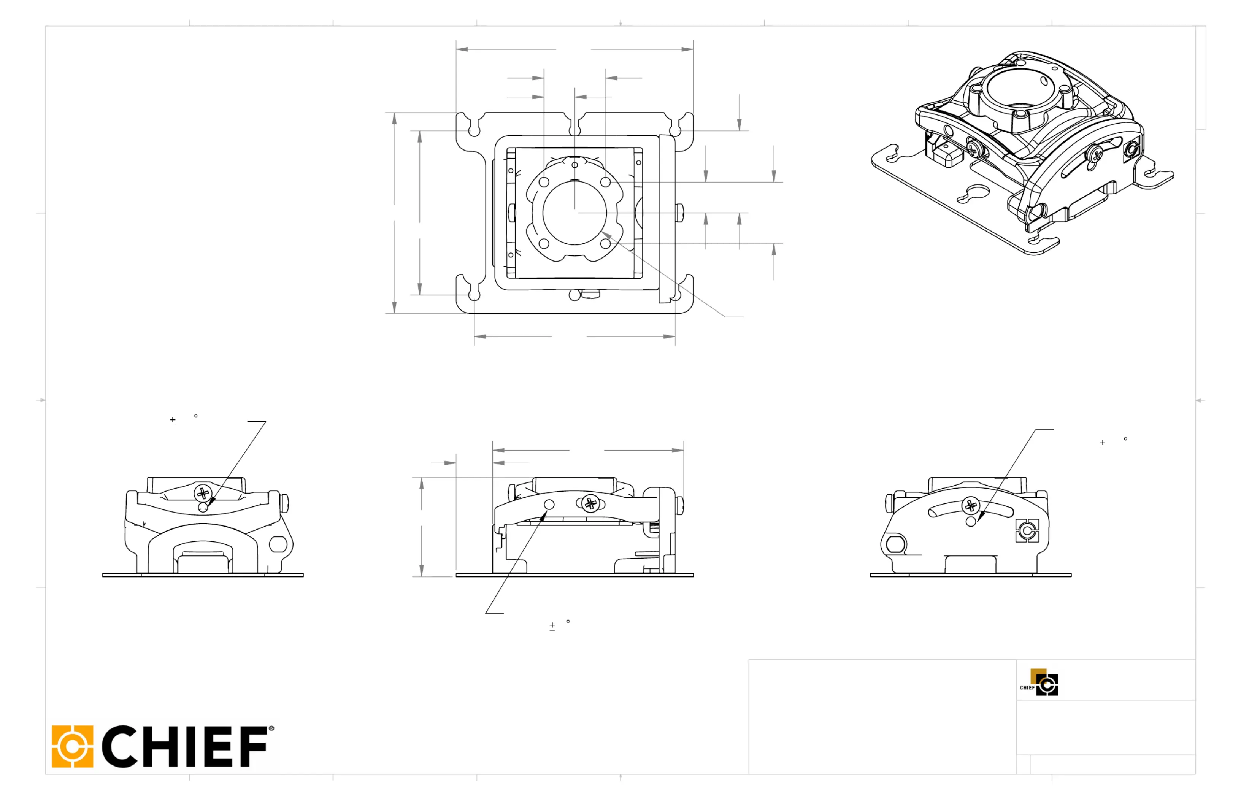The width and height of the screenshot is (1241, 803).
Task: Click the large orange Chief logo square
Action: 73,746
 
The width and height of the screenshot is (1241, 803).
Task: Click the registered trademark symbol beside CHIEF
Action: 271,728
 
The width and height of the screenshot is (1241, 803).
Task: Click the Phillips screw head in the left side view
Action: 203,493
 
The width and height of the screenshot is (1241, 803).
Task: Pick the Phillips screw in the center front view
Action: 590,504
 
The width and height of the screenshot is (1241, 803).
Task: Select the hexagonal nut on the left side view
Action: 278,544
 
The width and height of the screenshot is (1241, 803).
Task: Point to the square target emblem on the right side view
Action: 1027,531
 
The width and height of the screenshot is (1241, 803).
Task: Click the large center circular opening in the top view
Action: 574,213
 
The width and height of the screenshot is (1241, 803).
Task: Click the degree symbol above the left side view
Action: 195,416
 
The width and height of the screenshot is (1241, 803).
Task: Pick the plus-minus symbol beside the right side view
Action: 1102,444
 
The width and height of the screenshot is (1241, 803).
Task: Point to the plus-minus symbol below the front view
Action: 552,626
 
